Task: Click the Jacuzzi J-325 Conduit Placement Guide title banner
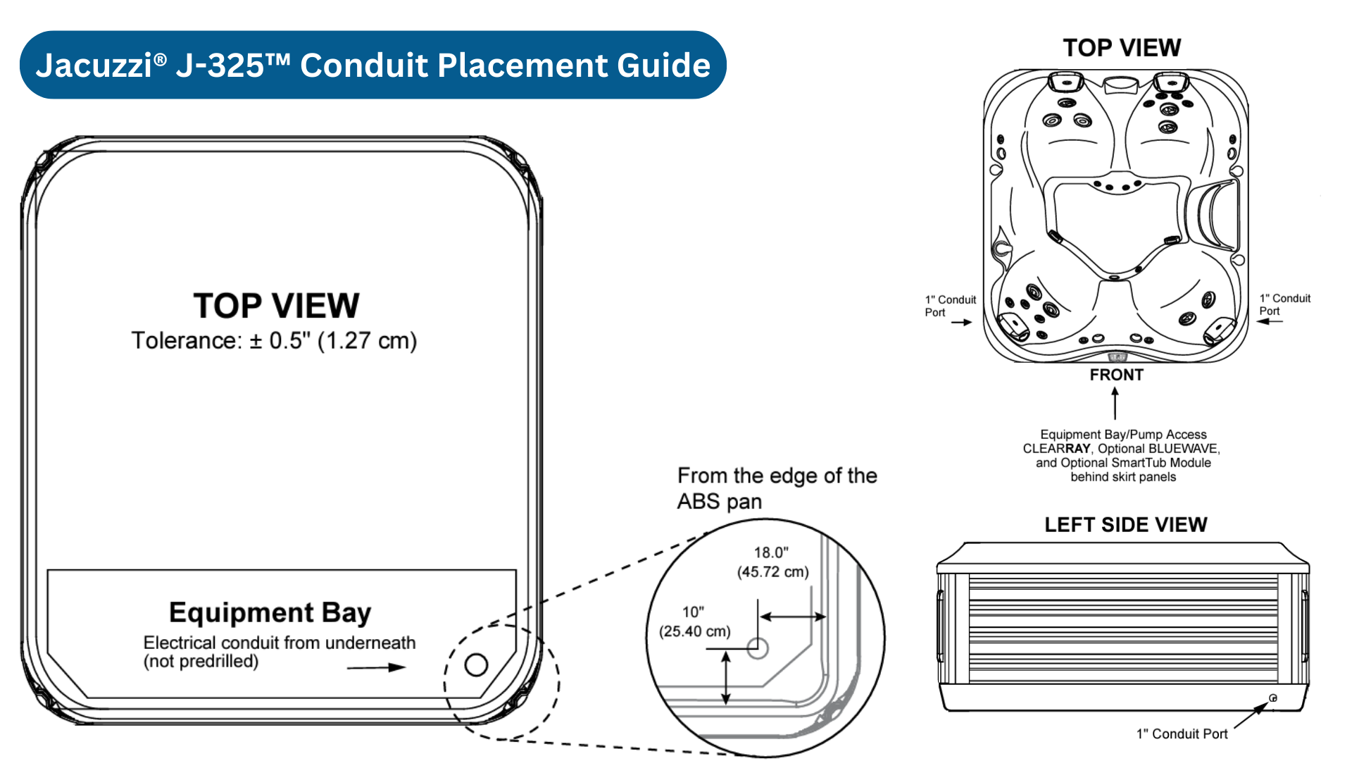[373, 65]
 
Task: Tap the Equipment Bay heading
[270, 612]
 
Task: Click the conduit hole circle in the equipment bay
[476, 664]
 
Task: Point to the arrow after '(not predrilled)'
[377, 667]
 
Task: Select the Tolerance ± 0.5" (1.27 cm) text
[274, 341]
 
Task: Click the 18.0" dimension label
[771, 553]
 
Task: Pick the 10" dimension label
[693, 612]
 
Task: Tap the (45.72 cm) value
[772, 572]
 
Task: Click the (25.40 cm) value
[694, 631]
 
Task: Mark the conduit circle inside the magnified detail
[758, 648]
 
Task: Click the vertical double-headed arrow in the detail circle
[726, 677]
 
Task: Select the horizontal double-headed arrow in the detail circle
[793, 617]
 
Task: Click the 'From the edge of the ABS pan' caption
[777, 488]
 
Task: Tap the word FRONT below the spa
[1116, 375]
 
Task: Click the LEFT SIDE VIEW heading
[1125, 525]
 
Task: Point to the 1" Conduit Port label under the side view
[1182, 734]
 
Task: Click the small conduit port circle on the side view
[1273, 698]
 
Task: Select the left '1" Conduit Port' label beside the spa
[950, 306]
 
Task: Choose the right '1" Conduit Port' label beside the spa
[1284, 304]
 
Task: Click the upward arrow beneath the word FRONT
[1115, 403]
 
